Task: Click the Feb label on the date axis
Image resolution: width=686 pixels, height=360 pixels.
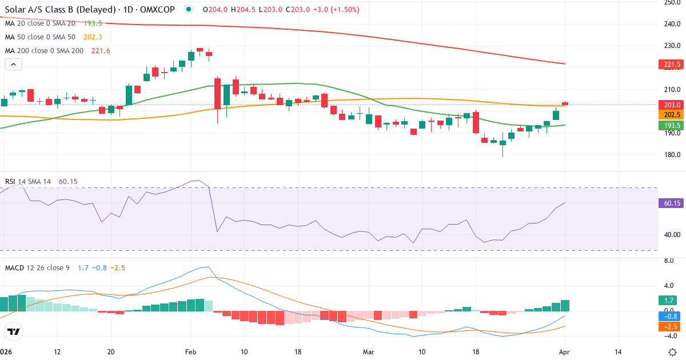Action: click(x=191, y=352)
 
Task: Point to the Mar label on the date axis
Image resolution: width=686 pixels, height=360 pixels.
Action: click(x=369, y=352)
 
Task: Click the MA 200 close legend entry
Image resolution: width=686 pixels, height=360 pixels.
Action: click(x=44, y=51)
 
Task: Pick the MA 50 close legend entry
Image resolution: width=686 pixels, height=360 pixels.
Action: click(x=42, y=37)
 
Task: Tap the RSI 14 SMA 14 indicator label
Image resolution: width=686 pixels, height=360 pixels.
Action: click(x=28, y=182)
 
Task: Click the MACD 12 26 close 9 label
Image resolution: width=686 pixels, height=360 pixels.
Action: click(x=37, y=267)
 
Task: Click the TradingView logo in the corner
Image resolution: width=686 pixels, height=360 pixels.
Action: click(x=14, y=331)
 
